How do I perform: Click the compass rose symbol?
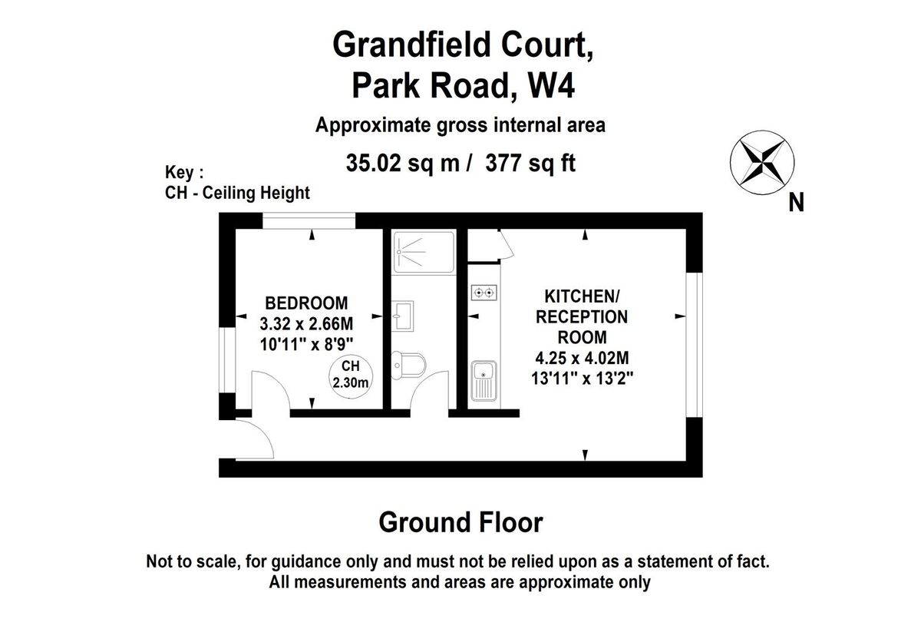(762, 163)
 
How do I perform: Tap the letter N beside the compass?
(796, 203)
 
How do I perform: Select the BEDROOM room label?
(306, 303)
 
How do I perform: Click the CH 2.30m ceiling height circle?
(351, 376)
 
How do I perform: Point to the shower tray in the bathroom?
(424, 252)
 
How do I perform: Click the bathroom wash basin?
(402, 316)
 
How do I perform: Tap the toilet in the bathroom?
(408, 366)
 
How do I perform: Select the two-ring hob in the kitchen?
(484, 293)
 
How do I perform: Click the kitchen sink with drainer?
(484, 381)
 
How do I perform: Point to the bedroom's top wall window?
(309, 220)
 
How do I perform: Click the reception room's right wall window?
(695, 345)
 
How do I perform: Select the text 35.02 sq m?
(402, 164)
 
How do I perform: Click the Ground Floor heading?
(460, 522)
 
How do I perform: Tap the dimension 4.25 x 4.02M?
(582, 358)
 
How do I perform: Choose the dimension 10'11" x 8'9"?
(307, 344)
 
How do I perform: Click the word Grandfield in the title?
(411, 45)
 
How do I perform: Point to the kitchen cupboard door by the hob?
(507, 244)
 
